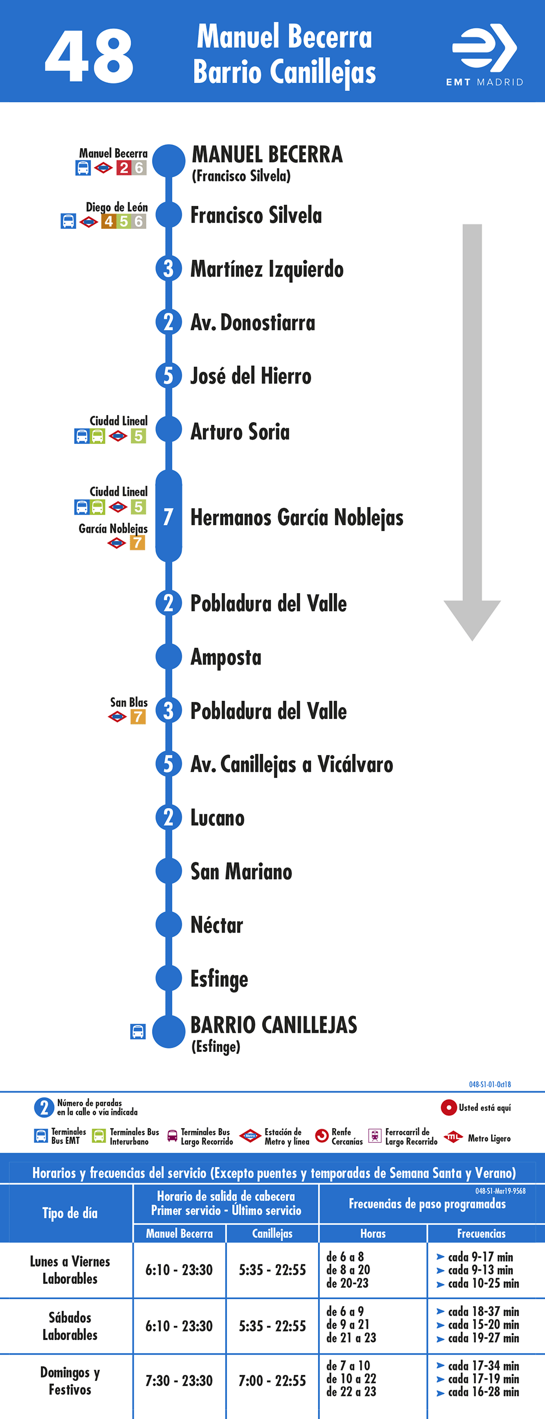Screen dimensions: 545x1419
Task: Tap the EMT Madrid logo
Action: [x=485, y=54]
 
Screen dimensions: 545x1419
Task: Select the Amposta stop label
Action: [x=226, y=657]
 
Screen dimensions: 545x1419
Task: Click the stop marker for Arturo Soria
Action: [x=168, y=430]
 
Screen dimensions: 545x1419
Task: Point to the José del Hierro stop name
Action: [x=251, y=376]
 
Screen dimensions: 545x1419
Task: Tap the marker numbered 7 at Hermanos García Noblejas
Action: [x=168, y=516]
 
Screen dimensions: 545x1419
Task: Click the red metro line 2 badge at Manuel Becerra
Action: [x=124, y=168]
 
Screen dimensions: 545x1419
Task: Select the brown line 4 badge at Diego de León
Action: [x=108, y=222]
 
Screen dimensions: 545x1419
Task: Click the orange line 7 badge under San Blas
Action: [x=138, y=717]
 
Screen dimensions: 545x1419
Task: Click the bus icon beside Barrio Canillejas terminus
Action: [x=138, y=1031]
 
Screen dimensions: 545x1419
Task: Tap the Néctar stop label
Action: [x=216, y=925]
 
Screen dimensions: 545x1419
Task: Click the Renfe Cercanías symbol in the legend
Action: [x=322, y=1136]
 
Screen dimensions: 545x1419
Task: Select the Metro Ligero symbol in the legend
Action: [x=453, y=1137]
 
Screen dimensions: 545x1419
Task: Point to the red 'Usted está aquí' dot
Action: [x=449, y=1107]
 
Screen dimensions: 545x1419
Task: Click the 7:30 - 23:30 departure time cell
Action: [x=179, y=1381]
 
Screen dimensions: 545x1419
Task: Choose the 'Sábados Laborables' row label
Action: [x=70, y=1326]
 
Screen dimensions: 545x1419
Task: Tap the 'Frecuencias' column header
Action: [x=481, y=1233]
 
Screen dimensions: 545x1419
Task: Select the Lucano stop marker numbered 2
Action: [x=168, y=817]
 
